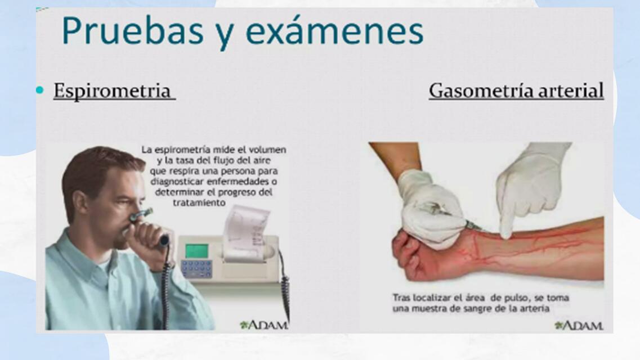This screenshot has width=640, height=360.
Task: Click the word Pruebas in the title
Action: pos(133,31)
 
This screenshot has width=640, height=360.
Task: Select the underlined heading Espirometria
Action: pos(112,91)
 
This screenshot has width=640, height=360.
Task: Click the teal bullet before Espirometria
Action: pos(39,90)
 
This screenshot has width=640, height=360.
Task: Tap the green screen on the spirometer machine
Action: pos(196,250)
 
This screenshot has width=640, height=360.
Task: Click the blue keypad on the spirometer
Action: pos(196,268)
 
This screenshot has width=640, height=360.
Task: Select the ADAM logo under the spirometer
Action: pos(265,325)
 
